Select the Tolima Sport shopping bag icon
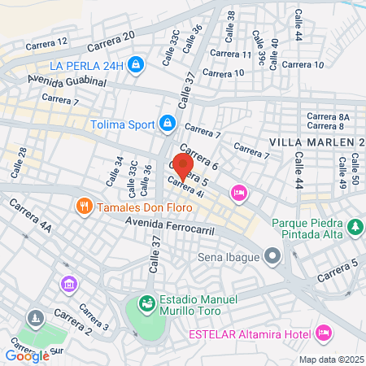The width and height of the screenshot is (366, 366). pos(167,123)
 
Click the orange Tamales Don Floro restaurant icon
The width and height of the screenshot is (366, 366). pos(82,207)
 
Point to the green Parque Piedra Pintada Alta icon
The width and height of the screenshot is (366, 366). pos(355,225)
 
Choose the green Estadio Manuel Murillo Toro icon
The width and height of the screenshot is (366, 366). pos(146,303)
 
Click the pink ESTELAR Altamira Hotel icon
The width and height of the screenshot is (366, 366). pos(324,332)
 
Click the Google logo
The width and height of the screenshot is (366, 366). pos(27,355)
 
